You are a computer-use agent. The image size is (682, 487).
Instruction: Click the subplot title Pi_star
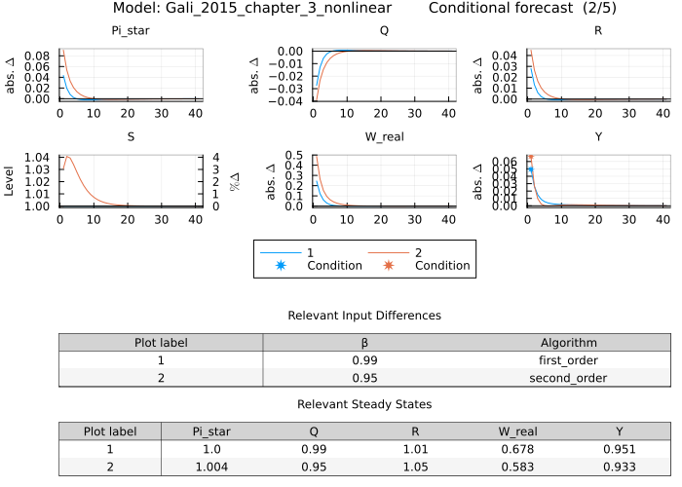[x=131, y=30]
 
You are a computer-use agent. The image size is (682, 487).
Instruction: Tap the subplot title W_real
[x=384, y=136]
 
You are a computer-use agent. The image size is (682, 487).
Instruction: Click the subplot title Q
[x=384, y=30]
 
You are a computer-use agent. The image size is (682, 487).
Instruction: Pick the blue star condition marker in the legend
[x=280, y=265]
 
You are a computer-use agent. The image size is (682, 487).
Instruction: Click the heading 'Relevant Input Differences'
[x=364, y=316]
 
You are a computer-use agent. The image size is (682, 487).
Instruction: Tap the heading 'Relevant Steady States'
[x=364, y=404]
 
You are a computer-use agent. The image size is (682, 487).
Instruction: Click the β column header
[x=364, y=343]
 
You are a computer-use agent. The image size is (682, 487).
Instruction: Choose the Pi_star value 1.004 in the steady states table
[x=212, y=467]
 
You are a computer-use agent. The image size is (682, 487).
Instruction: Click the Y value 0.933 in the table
[x=620, y=467]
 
